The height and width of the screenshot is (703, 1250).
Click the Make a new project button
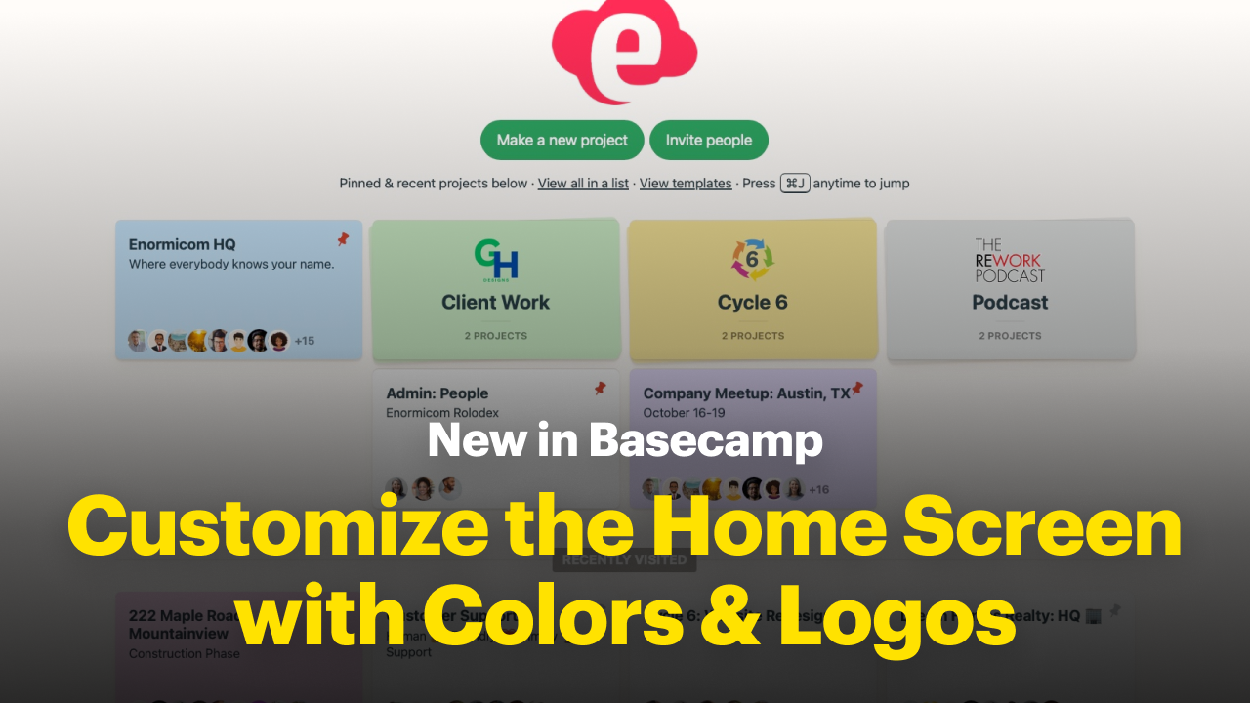pos(562,140)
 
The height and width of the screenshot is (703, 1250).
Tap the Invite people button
pos(708,140)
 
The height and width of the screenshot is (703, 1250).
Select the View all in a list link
pos(583,183)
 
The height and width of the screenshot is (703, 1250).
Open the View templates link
pos(686,183)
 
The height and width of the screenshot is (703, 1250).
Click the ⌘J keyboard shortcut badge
pos(795,183)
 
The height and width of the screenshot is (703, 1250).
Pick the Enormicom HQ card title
pos(183,244)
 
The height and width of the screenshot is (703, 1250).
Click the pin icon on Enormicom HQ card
pos(343,239)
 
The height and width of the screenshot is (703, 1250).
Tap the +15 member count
pos(305,341)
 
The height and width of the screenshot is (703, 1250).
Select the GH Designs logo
pos(496,262)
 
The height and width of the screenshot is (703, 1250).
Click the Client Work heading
pos(495,302)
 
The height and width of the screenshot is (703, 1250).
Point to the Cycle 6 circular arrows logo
pos(752,260)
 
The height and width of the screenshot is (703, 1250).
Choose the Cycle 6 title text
pos(752,302)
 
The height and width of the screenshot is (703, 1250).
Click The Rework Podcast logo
pos(1010,260)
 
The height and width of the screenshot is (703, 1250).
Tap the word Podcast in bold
pos(1010,302)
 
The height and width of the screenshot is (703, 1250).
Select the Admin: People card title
pos(437,393)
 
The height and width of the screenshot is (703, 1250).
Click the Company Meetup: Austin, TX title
pos(746,393)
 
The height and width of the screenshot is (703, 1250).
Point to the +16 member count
pos(818,489)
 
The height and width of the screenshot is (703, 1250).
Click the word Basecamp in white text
pos(706,440)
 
